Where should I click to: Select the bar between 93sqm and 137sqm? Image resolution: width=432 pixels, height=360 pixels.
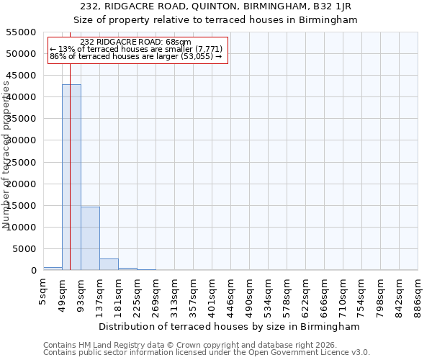tap(90, 238)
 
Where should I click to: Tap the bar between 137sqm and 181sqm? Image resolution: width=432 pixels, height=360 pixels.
tap(109, 264)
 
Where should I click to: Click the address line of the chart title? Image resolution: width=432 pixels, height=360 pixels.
tap(215, 6)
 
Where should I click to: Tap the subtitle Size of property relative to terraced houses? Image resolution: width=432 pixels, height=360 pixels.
tap(215, 19)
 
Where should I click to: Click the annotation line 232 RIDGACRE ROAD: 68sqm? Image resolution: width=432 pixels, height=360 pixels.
tap(136, 42)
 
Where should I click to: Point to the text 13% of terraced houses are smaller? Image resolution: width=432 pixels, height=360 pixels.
tap(137, 49)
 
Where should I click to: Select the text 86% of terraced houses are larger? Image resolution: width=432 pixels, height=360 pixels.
tap(137, 56)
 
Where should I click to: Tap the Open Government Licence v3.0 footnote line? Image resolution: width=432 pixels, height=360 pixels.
tap(207, 353)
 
